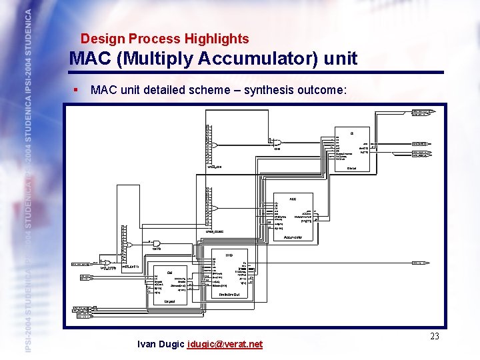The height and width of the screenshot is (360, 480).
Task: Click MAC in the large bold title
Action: coord(90,59)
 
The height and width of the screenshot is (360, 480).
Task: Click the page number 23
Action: coord(434,336)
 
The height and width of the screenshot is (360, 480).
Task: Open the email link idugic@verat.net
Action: coord(226,344)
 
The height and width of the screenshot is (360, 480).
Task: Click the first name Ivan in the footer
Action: coord(147,344)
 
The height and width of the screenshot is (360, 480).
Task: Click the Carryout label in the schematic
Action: coord(171,301)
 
